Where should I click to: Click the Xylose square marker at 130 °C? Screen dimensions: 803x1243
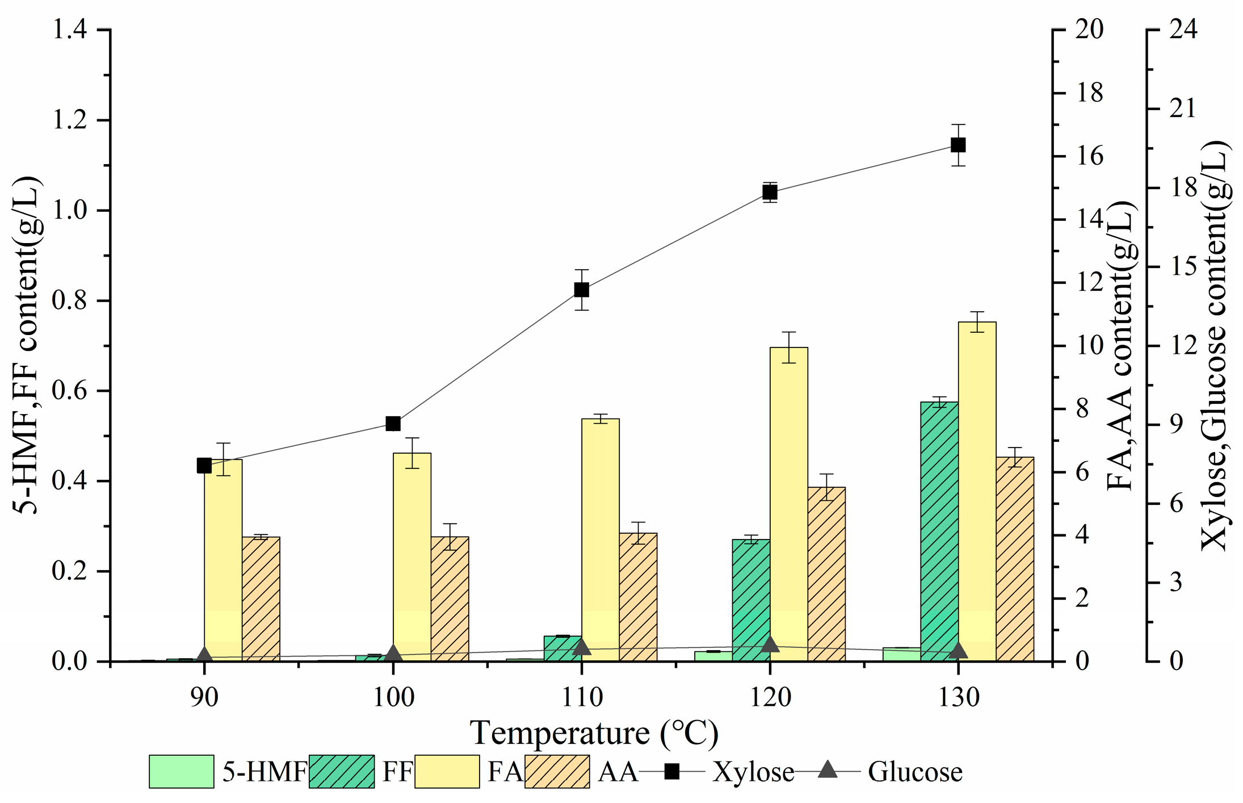(958, 145)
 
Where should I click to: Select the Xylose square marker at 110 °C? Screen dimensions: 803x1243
(581, 290)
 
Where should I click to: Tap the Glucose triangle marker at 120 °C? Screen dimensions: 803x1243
(770, 644)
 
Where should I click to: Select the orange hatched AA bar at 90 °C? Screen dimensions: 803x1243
(261, 599)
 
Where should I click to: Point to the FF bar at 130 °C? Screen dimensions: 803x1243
(939, 531)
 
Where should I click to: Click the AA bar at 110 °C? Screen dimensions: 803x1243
(638, 597)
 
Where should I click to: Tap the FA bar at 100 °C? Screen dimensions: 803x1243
(412, 557)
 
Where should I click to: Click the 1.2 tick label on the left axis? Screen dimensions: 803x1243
(69, 120)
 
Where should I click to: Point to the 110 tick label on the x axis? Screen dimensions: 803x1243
(581, 697)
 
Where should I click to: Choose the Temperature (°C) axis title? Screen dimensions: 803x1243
(594, 733)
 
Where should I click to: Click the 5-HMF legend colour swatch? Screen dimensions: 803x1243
(181, 771)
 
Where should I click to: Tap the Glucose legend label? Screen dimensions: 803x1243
(915, 772)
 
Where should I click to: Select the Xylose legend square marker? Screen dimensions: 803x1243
(672, 771)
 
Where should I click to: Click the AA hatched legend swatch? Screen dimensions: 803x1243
(557, 771)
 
